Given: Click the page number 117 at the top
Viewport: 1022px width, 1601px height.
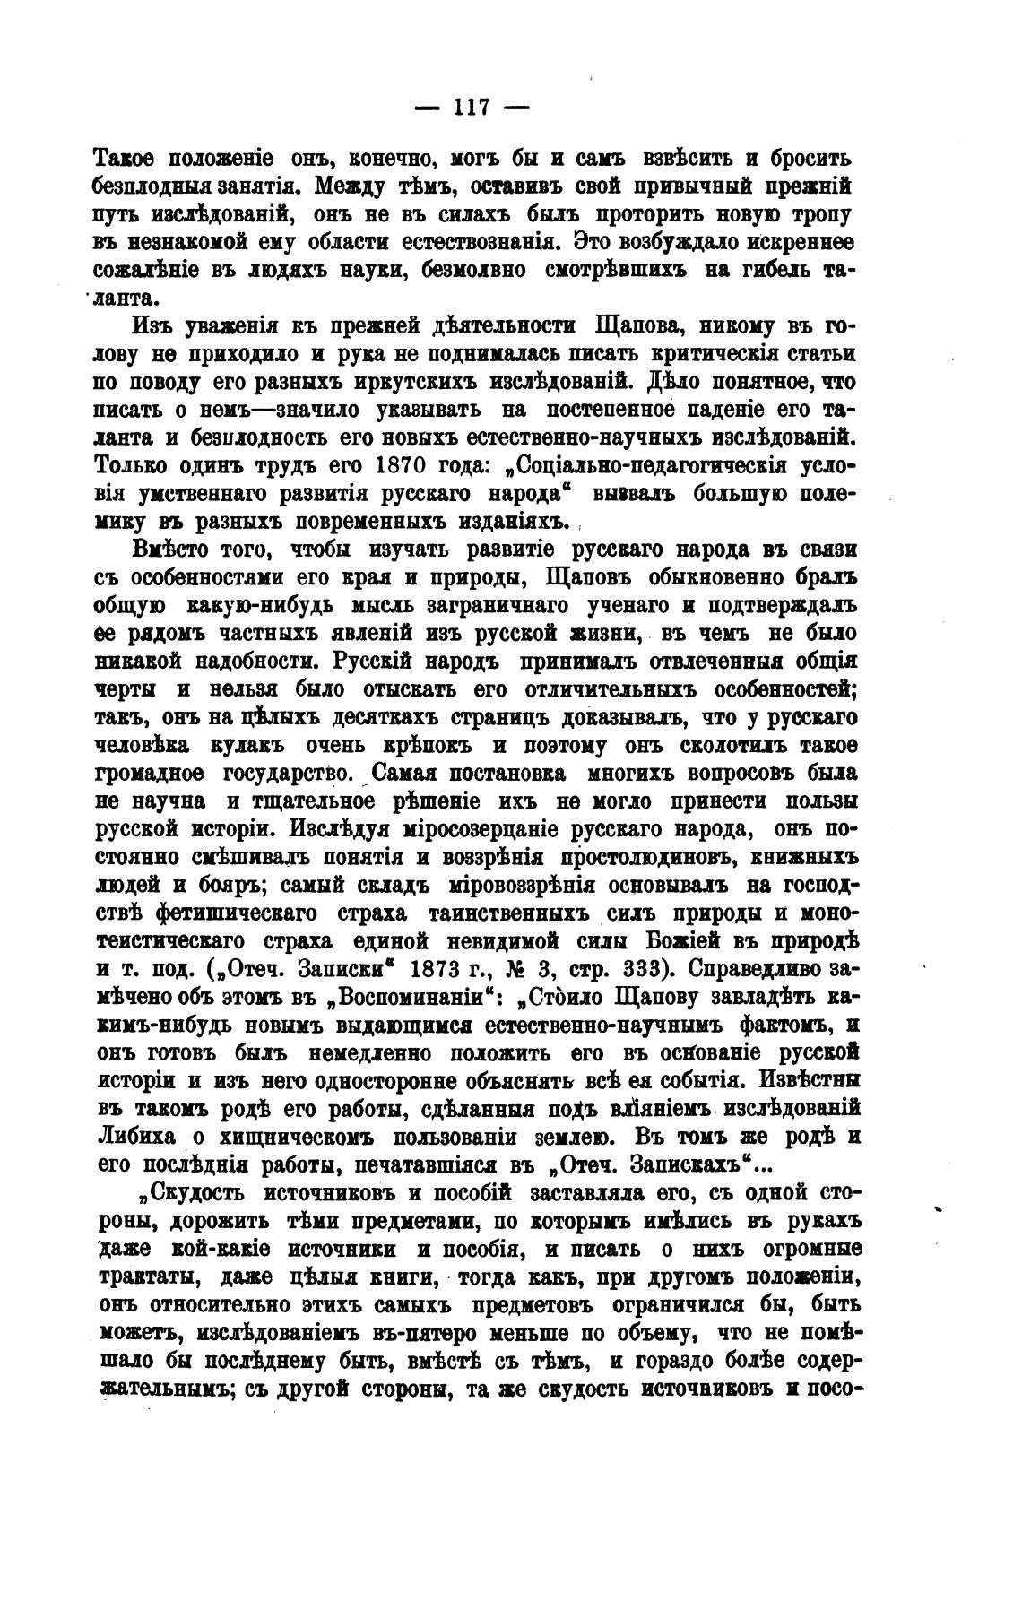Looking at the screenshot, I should [471, 108].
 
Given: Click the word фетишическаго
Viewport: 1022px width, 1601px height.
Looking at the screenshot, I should [229, 914].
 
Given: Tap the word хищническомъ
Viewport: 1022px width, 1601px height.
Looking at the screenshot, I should [290, 1138].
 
